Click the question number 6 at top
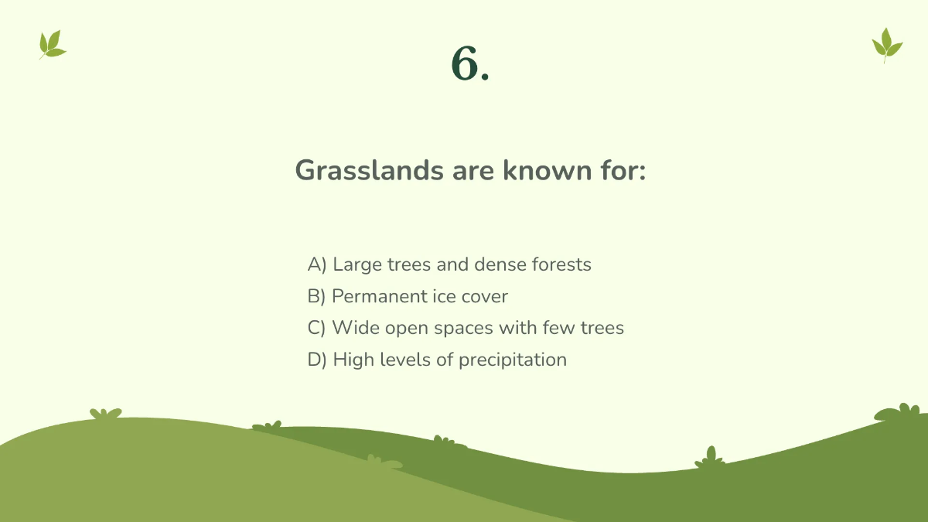[x=469, y=63]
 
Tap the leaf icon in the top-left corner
[x=52, y=45]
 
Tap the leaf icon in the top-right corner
[x=887, y=45]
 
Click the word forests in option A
[x=561, y=264]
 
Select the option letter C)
[x=317, y=328]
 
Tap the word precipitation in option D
[x=513, y=360]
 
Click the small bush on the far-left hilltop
[x=105, y=414]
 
